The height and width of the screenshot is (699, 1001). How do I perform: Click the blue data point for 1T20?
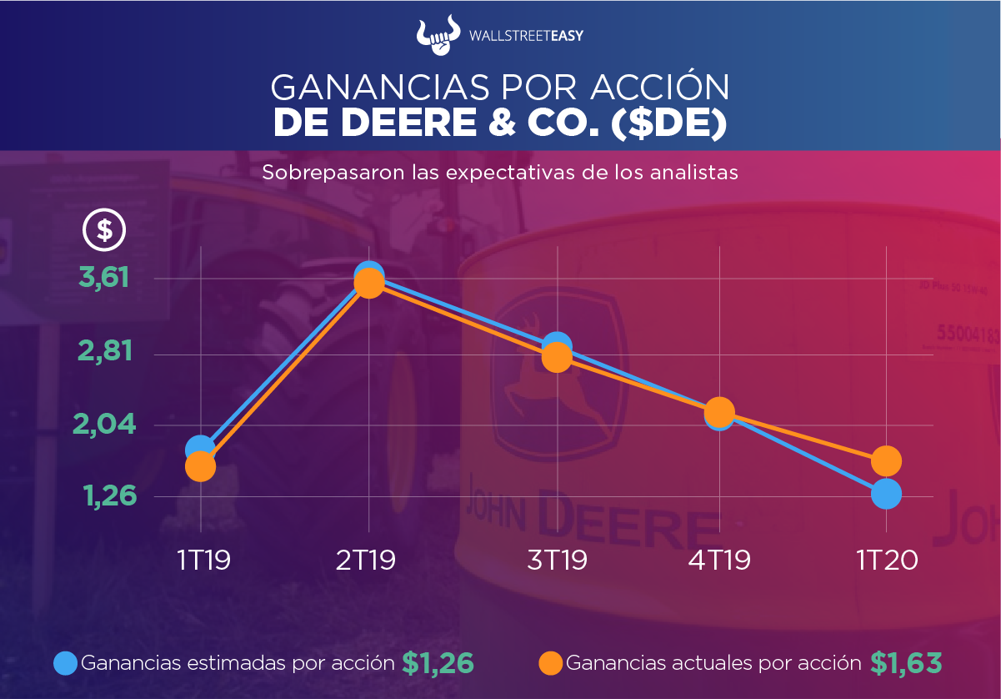click(886, 494)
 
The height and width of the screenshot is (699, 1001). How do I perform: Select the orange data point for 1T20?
click(886, 460)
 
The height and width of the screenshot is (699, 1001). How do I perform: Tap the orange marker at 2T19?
click(368, 284)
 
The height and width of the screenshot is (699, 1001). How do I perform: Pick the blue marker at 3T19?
click(557, 345)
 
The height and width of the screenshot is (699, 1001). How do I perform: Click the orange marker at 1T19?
click(200, 466)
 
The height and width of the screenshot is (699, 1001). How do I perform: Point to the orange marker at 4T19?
click(718, 411)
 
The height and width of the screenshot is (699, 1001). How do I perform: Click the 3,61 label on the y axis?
click(104, 277)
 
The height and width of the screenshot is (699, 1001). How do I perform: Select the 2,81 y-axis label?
click(104, 352)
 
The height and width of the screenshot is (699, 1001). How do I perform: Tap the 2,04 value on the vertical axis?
click(104, 425)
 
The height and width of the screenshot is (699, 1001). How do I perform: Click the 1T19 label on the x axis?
click(203, 560)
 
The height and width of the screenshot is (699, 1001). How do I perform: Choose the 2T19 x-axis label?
click(366, 560)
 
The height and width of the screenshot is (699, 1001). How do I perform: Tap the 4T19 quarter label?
click(719, 560)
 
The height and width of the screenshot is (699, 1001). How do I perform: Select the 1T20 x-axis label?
click(887, 560)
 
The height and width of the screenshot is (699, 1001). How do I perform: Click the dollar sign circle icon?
click(104, 229)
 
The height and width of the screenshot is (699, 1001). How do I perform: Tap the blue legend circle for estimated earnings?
click(66, 663)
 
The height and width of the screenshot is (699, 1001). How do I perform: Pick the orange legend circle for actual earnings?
click(551, 663)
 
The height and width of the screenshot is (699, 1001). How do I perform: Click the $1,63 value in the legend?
click(906, 663)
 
